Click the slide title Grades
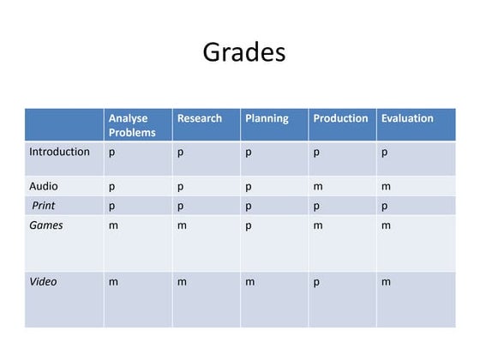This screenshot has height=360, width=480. tap(244, 52)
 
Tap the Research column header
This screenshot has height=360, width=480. tap(199, 118)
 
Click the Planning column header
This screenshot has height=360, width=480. tap(267, 118)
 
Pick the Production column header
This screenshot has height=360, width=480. tap(340, 118)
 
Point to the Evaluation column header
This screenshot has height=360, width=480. tap(407, 118)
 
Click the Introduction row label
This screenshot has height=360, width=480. tap(59, 152)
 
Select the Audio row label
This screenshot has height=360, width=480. tap(44, 185)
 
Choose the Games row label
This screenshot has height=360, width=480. tap(46, 225)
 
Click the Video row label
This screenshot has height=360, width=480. tap(44, 281)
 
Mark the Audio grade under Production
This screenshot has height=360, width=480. tap(317, 186)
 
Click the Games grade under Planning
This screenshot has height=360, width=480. tap(249, 226)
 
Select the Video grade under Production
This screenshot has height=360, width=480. tap(316, 282)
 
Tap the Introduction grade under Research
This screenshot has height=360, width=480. tap(181, 153)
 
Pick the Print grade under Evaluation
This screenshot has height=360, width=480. tap(385, 207)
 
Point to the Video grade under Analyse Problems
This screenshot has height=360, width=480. tap(113, 281)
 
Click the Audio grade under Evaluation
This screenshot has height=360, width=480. tap(386, 186)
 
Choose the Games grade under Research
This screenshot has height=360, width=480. tap(182, 225)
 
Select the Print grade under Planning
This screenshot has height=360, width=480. tap(249, 207)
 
